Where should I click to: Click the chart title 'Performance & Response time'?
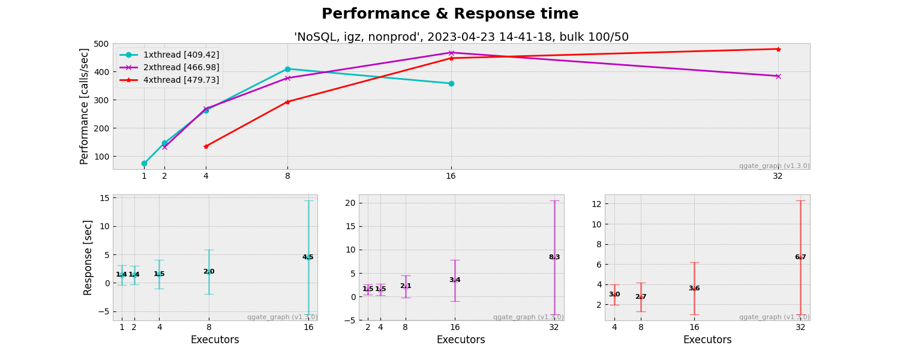[x=450, y=14]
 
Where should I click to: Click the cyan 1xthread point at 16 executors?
[x=451, y=83]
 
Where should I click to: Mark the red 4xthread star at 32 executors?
[x=778, y=49]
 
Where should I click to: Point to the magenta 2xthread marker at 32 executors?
[x=778, y=76]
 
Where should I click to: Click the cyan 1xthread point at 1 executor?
[x=144, y=163]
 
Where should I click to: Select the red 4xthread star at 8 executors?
[x=287, y=102]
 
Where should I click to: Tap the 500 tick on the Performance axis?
[x=102, y=44]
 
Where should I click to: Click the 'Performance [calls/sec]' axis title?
[x=85, y=106]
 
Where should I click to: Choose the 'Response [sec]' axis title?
[x=88, y=257]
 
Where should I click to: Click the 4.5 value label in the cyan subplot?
[x=308, y=257]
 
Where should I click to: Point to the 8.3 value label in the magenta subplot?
[x=554, y=257]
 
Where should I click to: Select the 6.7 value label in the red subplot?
[x=800, y=257]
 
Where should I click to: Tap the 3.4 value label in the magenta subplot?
[x=455, y=280]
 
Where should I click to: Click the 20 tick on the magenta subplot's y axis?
[x=349, y=203]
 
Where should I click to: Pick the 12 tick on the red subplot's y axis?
[x=596, y=204]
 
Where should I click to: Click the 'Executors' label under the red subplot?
[x=707, y=340]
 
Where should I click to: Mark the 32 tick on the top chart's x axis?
[x=778, y=176]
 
